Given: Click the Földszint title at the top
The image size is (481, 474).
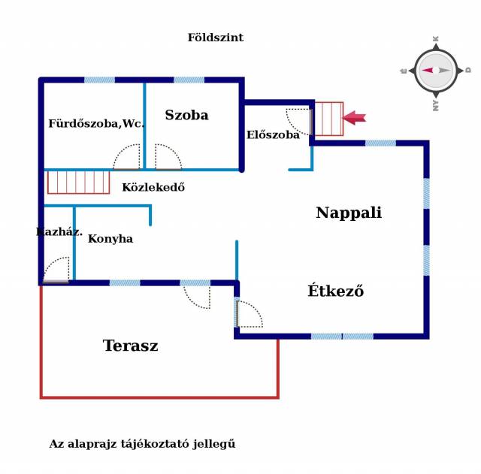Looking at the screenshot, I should pos(215,38).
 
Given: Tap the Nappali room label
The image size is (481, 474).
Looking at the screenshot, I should pos(348,213).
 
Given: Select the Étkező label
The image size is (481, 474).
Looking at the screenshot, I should pos(335,291).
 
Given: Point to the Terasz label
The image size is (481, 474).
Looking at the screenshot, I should pos(130,346).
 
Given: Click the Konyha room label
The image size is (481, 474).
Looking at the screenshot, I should pos(110,239).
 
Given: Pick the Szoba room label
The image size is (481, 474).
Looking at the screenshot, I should pos(186,115).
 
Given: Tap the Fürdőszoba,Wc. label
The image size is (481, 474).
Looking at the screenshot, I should pos(96,123).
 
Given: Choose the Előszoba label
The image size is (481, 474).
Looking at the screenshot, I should pos(273,135).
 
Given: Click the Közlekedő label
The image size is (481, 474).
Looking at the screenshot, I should pos(153,187).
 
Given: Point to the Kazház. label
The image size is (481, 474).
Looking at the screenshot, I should pos(59,231).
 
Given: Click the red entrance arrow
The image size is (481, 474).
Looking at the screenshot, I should pos(354,117).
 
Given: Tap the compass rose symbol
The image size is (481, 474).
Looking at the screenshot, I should pos(435,70).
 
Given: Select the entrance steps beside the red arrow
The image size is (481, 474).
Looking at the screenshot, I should pos(328,119).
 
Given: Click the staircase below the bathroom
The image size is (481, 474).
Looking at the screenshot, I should pos(78,182).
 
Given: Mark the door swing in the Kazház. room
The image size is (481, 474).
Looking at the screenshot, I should pos(57,270).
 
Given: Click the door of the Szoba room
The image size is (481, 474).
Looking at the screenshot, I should pos(168,157).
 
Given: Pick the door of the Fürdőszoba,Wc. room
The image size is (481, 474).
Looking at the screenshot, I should pos(127,157).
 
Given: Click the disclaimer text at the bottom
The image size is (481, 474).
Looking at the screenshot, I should pos(142,444).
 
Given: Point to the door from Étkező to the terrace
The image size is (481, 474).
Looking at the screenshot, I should pos(249,314).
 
